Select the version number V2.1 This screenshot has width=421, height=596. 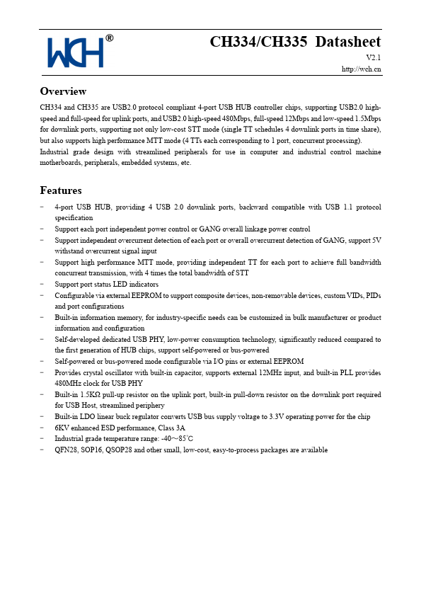(x=374, y=57)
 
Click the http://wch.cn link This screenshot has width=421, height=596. (x=362, y=69)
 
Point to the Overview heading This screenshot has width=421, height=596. (x=64, y=91)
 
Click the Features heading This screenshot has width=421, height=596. (x=61, y=190)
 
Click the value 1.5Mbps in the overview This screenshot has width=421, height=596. (x=366, y=118)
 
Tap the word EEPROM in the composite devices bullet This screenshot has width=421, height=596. (x=142, y=294)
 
